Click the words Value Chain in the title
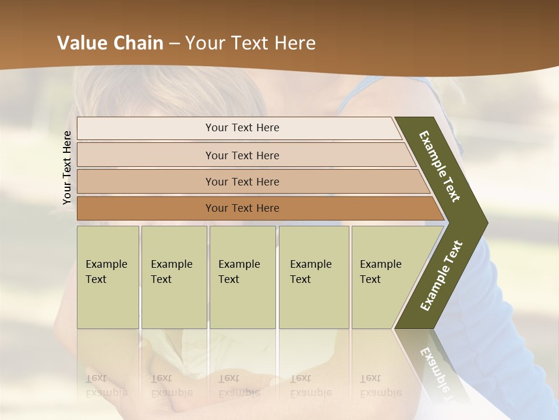click(110, 43)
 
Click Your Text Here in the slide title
click(250, 43)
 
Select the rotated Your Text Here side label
click(67, 167)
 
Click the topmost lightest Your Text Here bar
click(242, 128)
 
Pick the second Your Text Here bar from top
click(242, 155)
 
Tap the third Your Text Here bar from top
click(242, 181)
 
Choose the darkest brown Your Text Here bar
click(242, 208)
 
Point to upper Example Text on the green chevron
click(440, 166)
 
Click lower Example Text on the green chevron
click(441, 276)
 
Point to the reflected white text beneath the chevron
click(436, 373)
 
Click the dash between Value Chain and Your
click(174, 44)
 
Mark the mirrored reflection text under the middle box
click(239, 386)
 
